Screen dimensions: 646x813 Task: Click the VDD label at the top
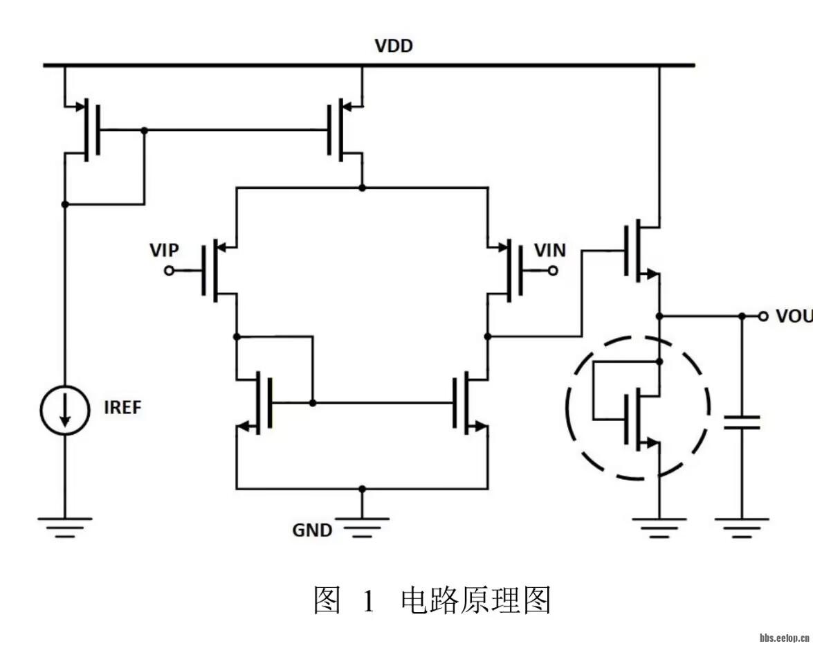(394, 46)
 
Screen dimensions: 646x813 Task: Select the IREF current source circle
(64, 410)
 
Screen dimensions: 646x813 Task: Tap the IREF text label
(122, 408)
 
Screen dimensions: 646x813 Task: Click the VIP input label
(164, 250)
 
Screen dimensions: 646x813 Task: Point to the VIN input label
(550, 250)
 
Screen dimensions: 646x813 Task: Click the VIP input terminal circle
(168, 271)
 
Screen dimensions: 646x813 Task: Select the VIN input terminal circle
(553, 271)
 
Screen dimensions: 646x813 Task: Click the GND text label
(312, 530)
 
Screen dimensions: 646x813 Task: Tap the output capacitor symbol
(742, 422)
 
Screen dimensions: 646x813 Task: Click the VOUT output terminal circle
(763, 316)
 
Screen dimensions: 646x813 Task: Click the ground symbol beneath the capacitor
(742, 526)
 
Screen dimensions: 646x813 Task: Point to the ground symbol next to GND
(361, 526)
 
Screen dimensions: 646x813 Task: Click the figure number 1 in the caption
(367, 600)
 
